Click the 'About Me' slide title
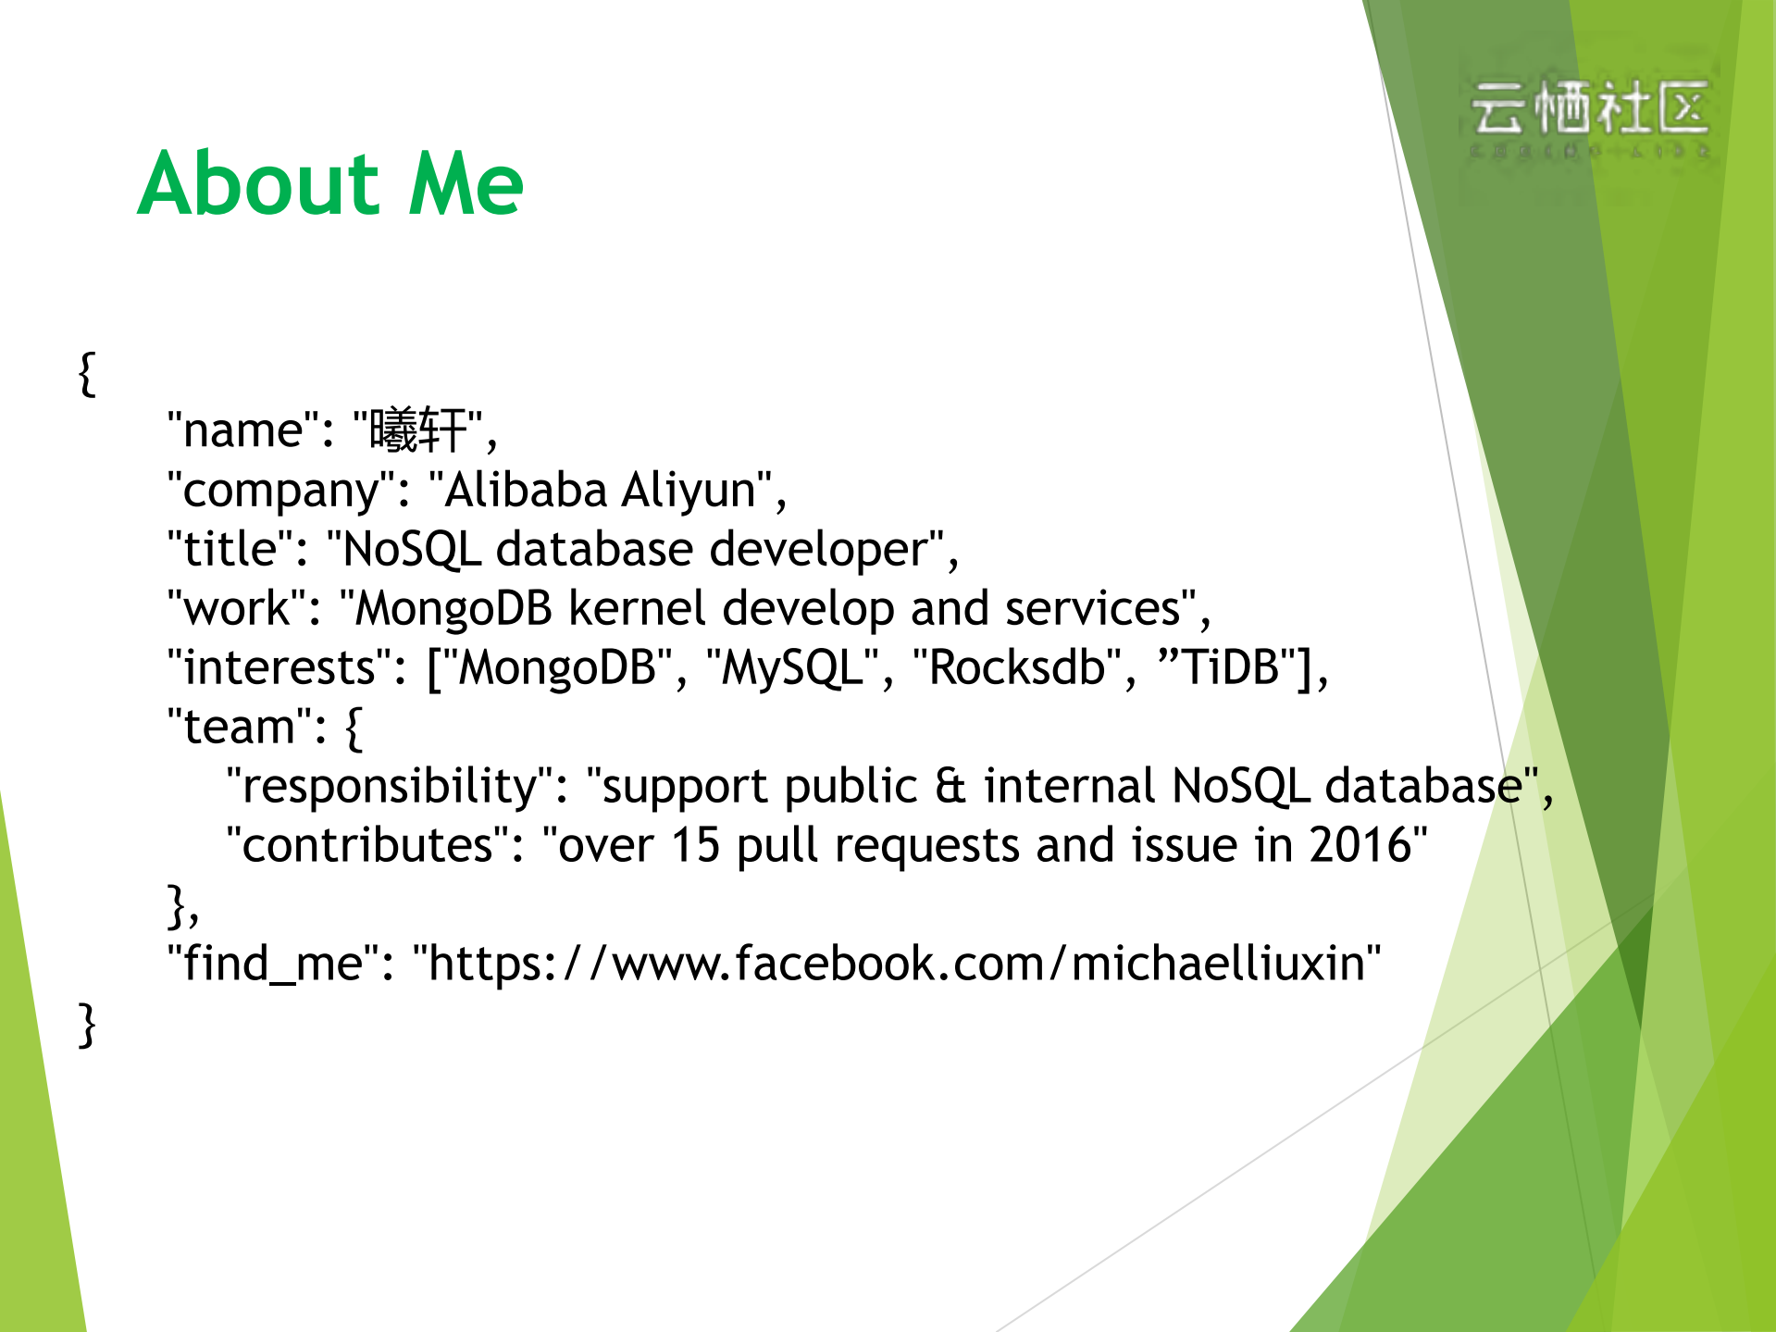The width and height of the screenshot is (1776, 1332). point(330,183)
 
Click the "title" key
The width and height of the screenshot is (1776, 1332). point(230,549)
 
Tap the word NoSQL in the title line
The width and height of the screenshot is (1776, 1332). point(411,549)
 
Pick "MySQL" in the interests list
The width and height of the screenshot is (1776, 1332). point(792,667)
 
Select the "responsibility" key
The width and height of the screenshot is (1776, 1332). point(390,786)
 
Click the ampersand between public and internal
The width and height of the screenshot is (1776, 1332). point(950,786)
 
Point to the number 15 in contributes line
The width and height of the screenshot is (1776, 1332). point(695,845)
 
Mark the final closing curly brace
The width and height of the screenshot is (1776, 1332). point(87,1025)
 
